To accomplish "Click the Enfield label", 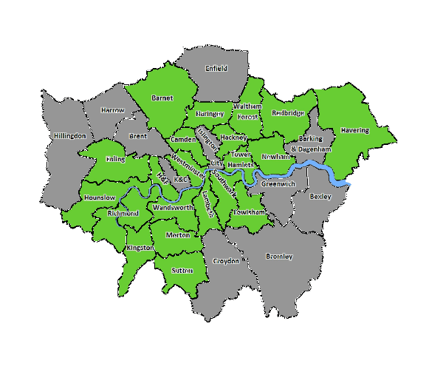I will [x=216, y=68].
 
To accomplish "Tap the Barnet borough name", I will [x=162, y=98].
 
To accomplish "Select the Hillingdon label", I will [x=70, y=136].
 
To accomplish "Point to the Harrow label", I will [x=113, y=110].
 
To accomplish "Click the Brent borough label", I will [x=138, y=136].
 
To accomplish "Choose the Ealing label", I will [x=115, y=159].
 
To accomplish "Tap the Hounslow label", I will [x=100, y=198].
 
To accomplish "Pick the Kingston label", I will [x=140, y=248].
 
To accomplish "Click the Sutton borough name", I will [x=182, y=271].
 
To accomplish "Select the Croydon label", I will [x=226, y=261].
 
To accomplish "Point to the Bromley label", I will [x=279, y=257].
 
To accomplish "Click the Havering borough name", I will [x=354, y=130].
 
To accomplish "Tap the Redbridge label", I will [x=287, y=113].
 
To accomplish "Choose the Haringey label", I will [x=210, y=114].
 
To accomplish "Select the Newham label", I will [x=275, y=157].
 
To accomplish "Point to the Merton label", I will [x=178, y=234].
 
